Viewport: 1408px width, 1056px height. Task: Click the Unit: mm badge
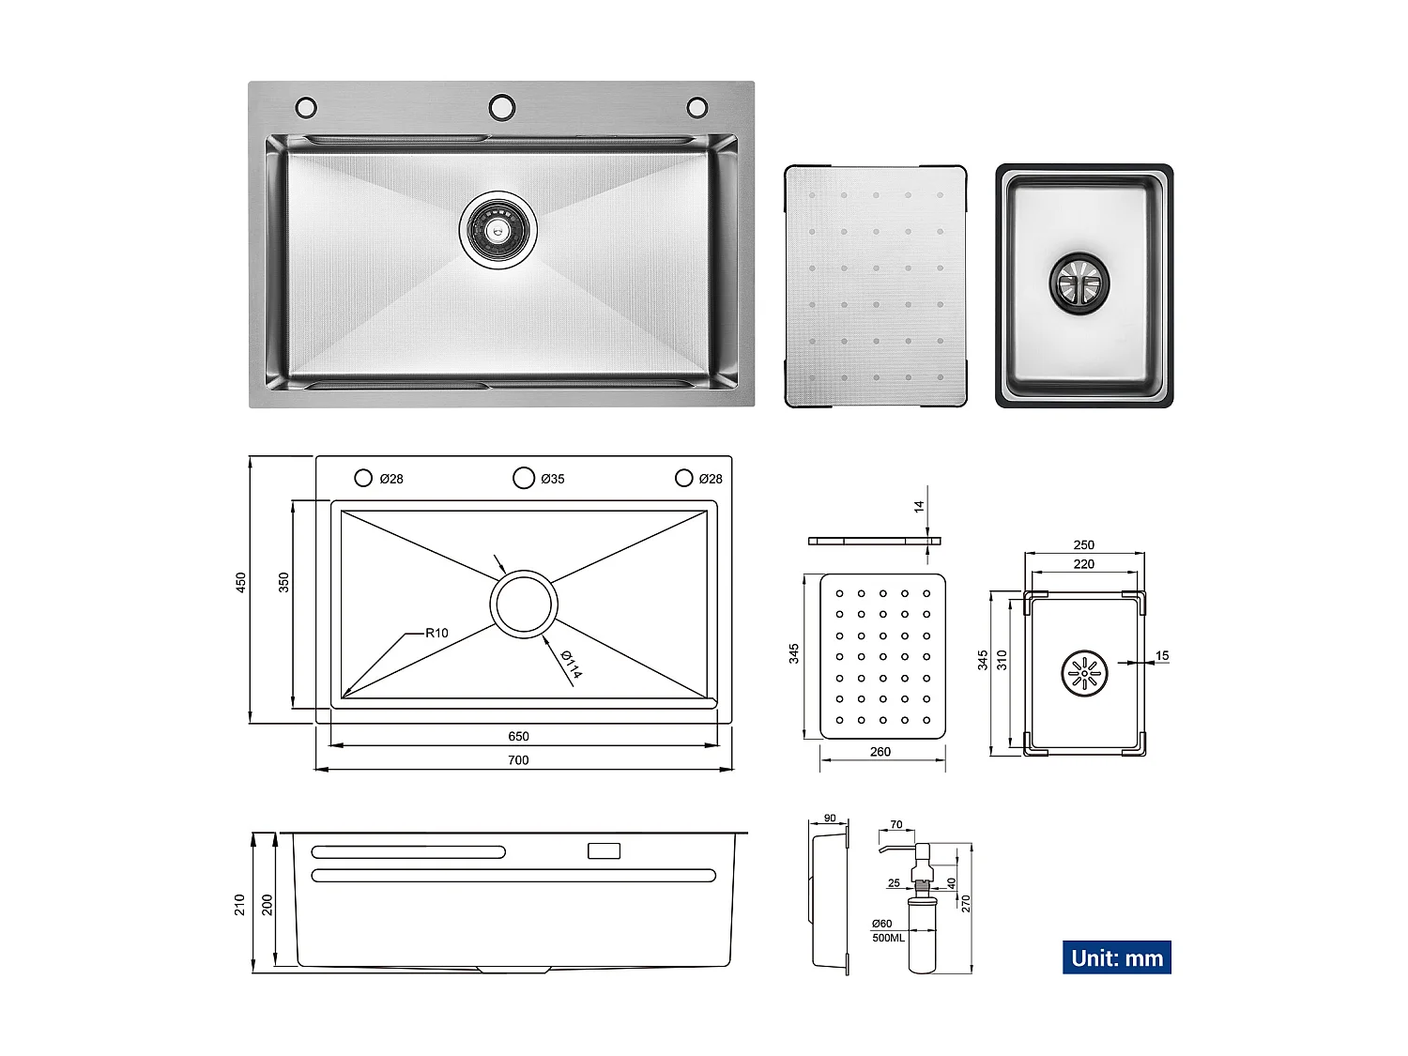(x=1116, y=957)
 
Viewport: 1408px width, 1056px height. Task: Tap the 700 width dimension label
(x=518, y=760)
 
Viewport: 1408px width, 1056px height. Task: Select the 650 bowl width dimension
(x=518, y=736)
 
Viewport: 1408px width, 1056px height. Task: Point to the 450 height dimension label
(x=240, y=582)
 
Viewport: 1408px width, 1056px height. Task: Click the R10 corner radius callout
(x=436, y=633)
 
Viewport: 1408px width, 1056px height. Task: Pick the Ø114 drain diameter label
(x=571, y=665)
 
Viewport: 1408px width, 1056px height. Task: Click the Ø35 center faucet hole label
(x=553, y=479)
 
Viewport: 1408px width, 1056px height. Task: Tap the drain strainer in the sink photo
(x=498, y=230)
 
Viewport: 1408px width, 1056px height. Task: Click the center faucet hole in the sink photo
(x=502, y=106)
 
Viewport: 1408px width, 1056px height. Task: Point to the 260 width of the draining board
(x=880, y=751)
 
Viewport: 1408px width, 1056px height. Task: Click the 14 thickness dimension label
(x=919, y=506)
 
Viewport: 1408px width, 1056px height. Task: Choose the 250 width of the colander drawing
(x=1083, y=544)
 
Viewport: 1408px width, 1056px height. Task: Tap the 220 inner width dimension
(x=1083, y=564)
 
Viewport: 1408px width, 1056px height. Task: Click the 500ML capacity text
(x=888, y=938)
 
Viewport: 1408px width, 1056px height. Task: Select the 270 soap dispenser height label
(x=966, y=903)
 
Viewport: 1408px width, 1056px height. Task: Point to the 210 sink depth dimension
(x=240, y=904)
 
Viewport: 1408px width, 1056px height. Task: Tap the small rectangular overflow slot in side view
(x=604, y=851)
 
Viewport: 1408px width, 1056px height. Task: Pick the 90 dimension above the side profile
(x=830, y=819)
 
